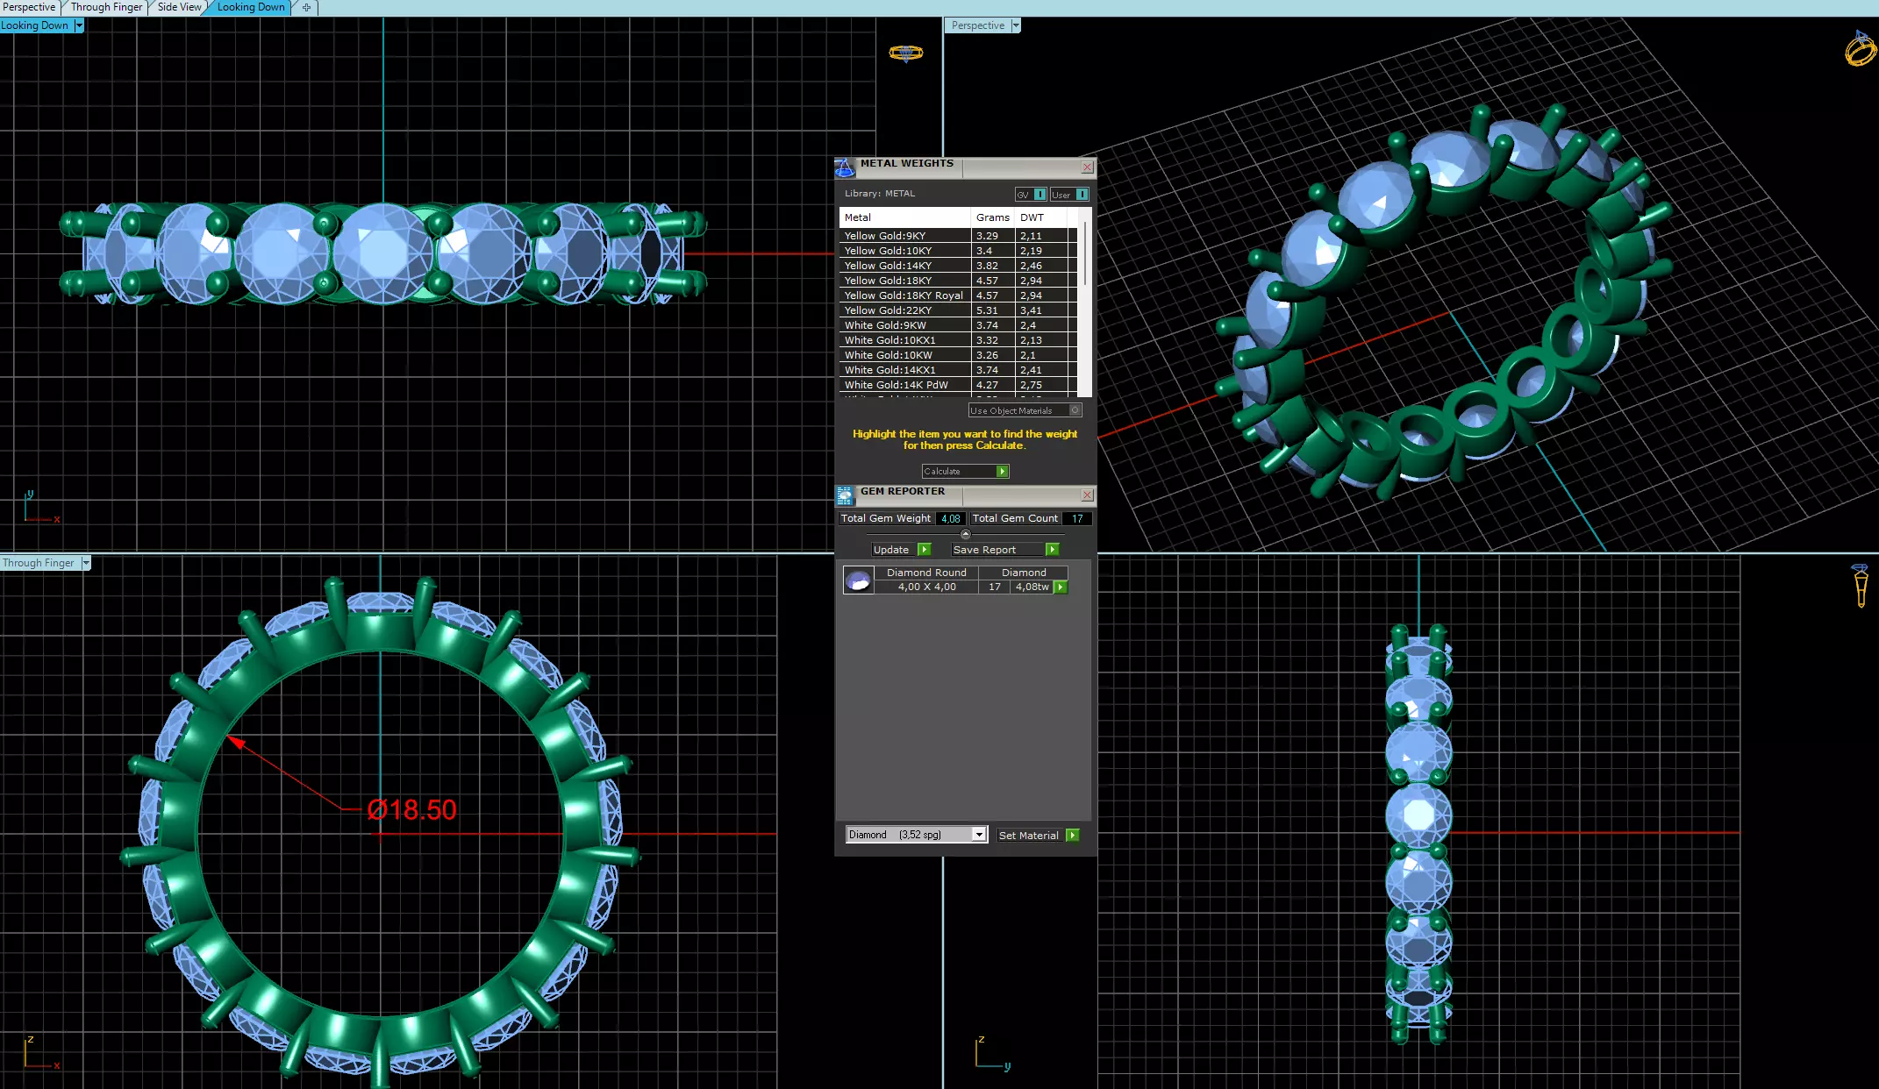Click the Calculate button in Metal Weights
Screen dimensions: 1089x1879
coord(964,472)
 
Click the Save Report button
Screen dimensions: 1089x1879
coord(1004,550)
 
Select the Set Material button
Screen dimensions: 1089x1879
coord(1037,836)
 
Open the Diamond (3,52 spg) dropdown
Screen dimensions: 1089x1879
coord(978,835)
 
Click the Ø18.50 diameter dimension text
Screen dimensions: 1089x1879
coord(412,809)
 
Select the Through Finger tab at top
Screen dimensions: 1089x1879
coord(106,7)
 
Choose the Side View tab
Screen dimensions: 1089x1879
coord(179,7)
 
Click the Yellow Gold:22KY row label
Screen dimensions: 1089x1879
coord(888,310)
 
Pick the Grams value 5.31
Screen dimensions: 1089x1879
coord(987,310)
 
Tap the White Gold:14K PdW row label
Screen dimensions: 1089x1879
coord(896,385)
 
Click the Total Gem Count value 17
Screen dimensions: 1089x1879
coord(1077,519)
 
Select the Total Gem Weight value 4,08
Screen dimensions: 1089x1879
coord(950,519)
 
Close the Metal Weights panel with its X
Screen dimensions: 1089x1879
coord(1087,167)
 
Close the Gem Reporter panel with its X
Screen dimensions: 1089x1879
coord(1087,495)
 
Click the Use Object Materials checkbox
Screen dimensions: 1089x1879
coord(1075,410)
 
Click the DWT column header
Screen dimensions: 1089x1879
coord(1032,217)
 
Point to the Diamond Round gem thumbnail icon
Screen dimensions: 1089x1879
coord(858,580)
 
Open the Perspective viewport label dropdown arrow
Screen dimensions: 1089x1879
coord(1016,25)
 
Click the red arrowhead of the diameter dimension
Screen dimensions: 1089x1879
coord(235,742)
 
